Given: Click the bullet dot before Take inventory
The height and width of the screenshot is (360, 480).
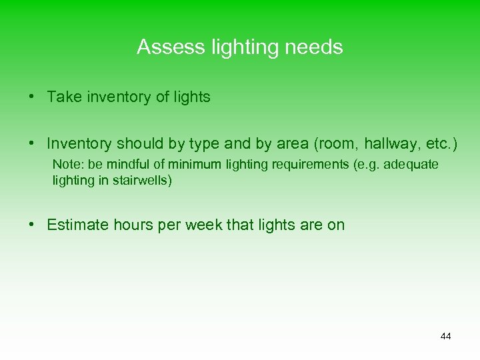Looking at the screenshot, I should tap(32, 97).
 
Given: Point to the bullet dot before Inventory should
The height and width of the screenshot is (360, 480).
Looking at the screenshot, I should tap(32, 143).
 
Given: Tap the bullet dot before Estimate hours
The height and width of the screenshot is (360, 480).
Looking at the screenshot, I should tap(32, 225).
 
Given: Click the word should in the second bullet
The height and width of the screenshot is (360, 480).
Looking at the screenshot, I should tap(137, 143).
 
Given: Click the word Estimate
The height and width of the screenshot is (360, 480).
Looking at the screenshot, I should tap(76, 225).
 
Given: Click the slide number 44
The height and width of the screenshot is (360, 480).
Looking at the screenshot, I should tap(445, 336).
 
